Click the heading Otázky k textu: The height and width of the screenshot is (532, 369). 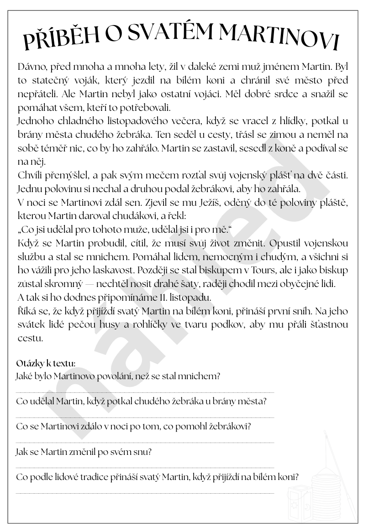(46, 364)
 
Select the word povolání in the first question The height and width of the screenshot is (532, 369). (138, 376)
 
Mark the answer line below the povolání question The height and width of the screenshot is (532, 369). (145, 392)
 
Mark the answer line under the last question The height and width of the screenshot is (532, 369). (145, 493)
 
